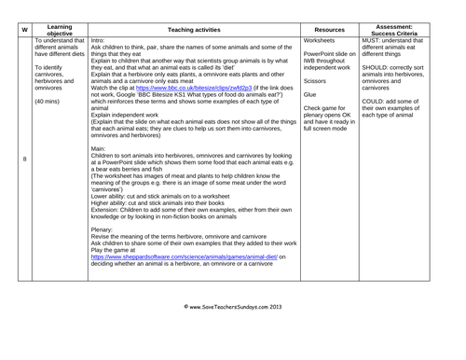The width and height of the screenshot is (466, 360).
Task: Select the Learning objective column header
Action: pyautogui.click(x=60, y=30)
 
